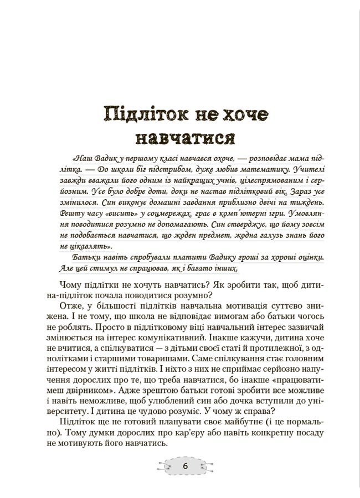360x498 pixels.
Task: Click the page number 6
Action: pyautogui.click(x=186, y=466)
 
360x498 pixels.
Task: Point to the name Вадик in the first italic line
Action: pyautogui.click(x=106, y=155)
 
